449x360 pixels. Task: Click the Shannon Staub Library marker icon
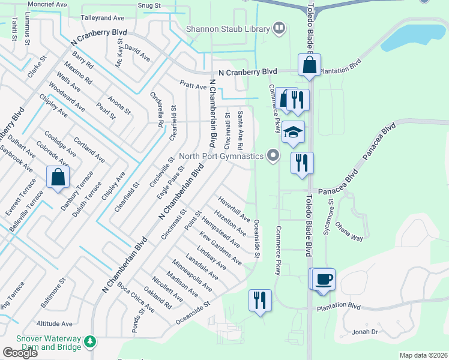pyautogui.click(x=279, y=27)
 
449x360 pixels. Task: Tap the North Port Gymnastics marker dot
pyautogui.click(x=274, y=156)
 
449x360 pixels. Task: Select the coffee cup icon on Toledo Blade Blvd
pyautogui.click(x=324, y=279)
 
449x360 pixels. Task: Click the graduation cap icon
pyautogui.click(x=293, y=133)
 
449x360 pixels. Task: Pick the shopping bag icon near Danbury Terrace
pyautogui.click(x=58, y=177)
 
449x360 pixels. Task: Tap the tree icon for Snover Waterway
pyautogui.click(x=90, y=341)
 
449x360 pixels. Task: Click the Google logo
pyautogui.click(x=20, y=352)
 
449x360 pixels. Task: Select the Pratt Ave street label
pyautogui.click(x=193, y=86)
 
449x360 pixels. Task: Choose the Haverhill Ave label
pyautogui.click(x=234, y=206)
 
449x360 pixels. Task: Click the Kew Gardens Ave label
pyautogui.click(x=220, y=249)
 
